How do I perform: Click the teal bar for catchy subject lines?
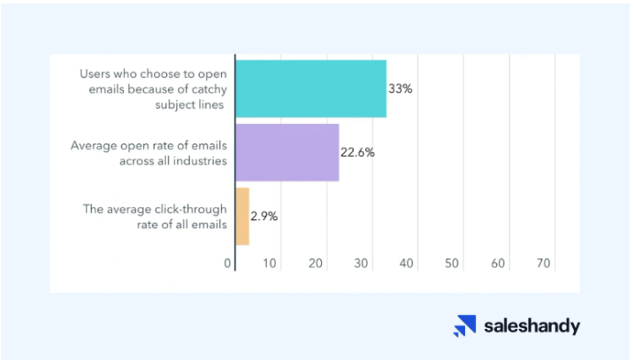click(x=311, y=89)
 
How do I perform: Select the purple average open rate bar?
click(x=287, y=152)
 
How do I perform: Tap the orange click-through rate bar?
click(x=242, y=217)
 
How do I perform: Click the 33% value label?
click(x=401, y=88)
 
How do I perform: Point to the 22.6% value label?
click(x=357, y=152)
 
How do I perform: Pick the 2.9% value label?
click(x=264, y=217)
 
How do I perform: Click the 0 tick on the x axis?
click(x=227, y=264)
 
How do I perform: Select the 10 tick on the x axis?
click(x=270, y=264)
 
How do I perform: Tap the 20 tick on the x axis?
click(x=316, y=264)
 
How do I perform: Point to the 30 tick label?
click(x=361, y=264)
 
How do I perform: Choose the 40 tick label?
click(x=407, y=264)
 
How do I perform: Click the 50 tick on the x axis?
click(x=452, y=264)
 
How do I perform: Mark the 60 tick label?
click(x=498, y=264)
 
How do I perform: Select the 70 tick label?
click(x=544, y=264)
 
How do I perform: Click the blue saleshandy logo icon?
click(x=464, y=326)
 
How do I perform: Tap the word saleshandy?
click(x=532, y=326)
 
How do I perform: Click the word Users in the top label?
click(x=95, y=74)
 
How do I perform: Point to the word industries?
click(x=199, y=161)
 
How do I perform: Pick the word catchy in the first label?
click(x=209, y=90)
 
